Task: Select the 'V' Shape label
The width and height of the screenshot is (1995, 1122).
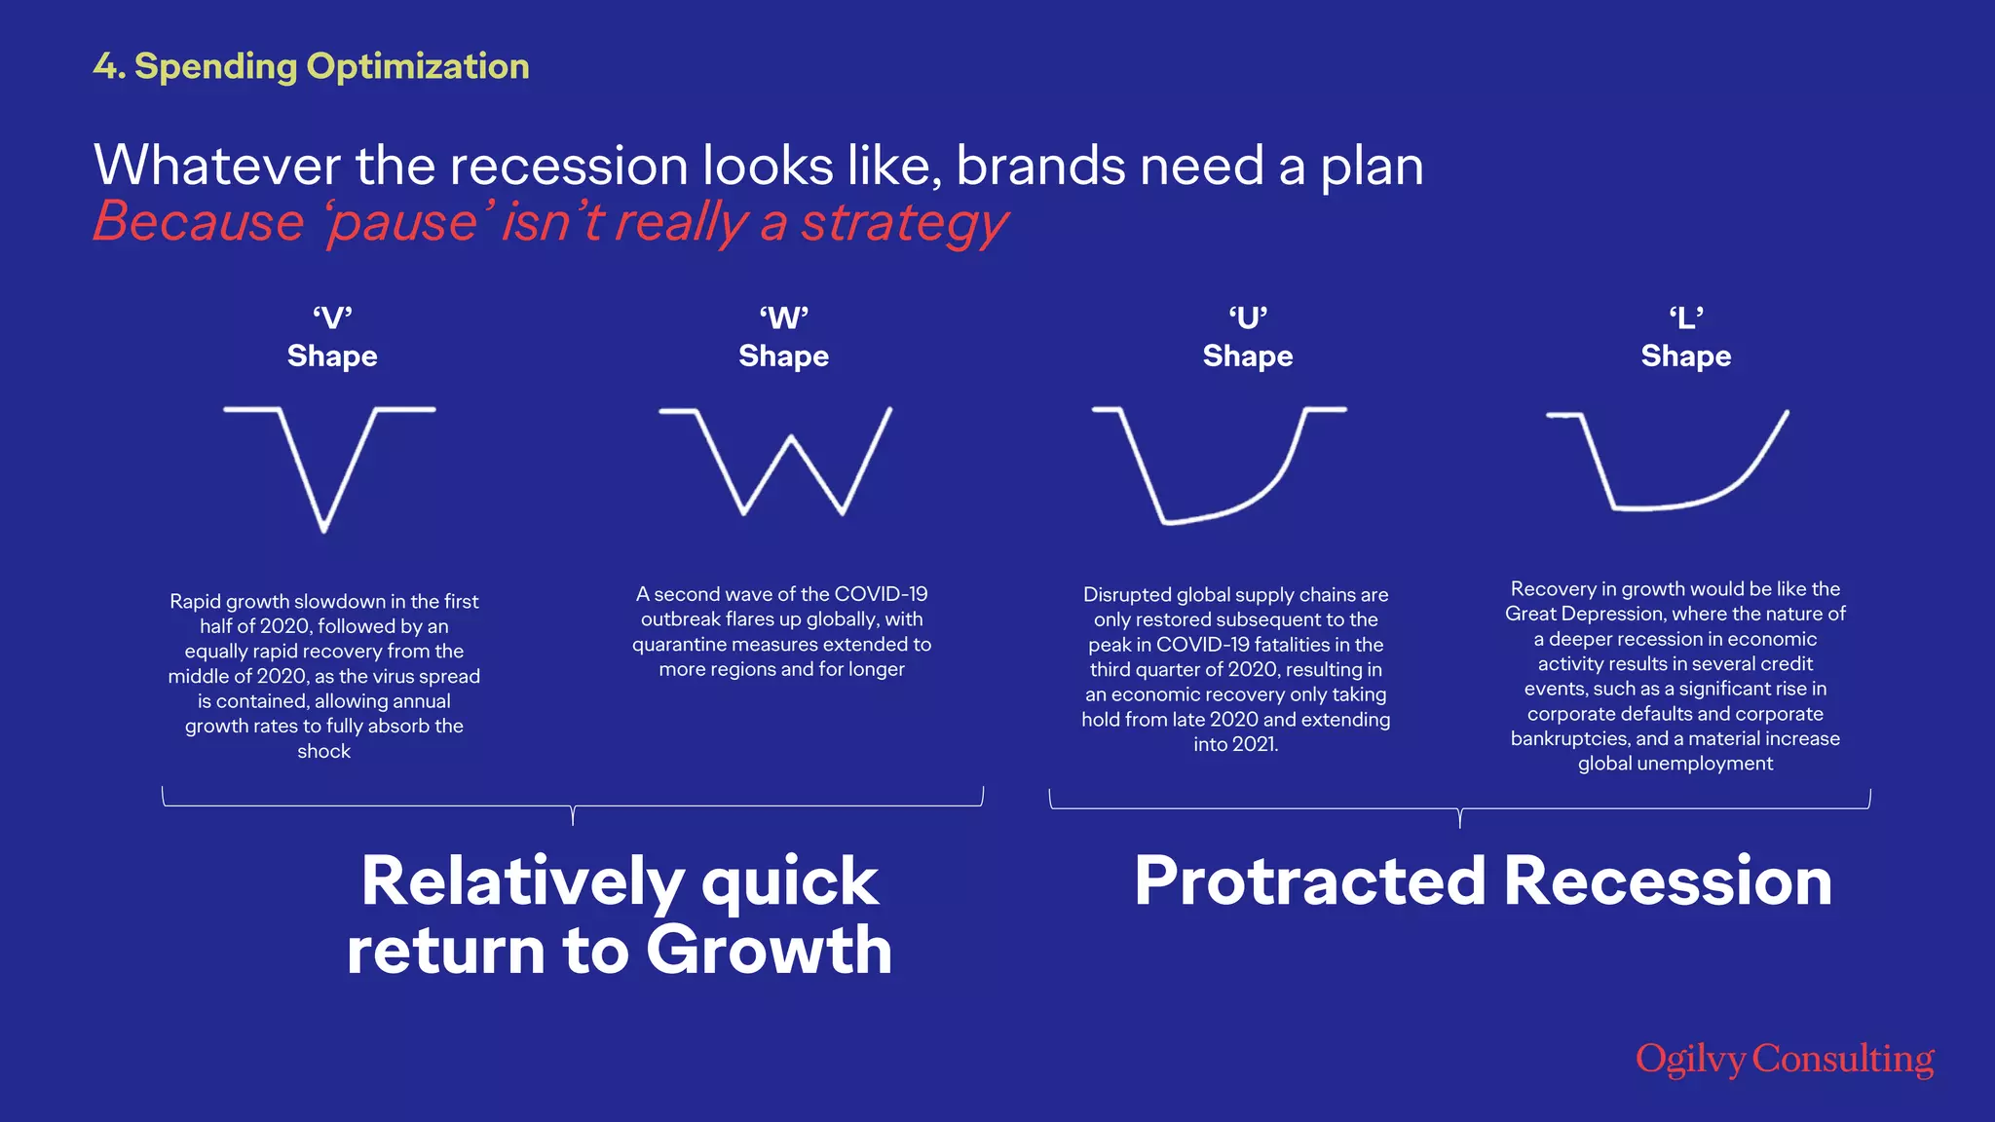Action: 332,337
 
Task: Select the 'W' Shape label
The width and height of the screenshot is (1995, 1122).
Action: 783,337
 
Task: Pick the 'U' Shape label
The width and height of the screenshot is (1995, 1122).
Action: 1247,337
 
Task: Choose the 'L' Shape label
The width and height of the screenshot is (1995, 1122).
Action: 1685,337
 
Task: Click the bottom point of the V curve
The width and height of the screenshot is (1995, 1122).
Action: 324,529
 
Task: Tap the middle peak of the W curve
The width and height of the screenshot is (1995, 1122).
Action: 792,439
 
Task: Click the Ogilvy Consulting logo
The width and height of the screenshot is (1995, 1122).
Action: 1785,1059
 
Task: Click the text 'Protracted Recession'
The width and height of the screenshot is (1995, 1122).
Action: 1483,880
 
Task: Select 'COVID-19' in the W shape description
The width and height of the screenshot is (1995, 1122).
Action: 881,594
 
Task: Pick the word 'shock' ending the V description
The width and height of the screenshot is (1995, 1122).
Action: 323,751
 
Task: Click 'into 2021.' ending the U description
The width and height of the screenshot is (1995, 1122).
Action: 1235,744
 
